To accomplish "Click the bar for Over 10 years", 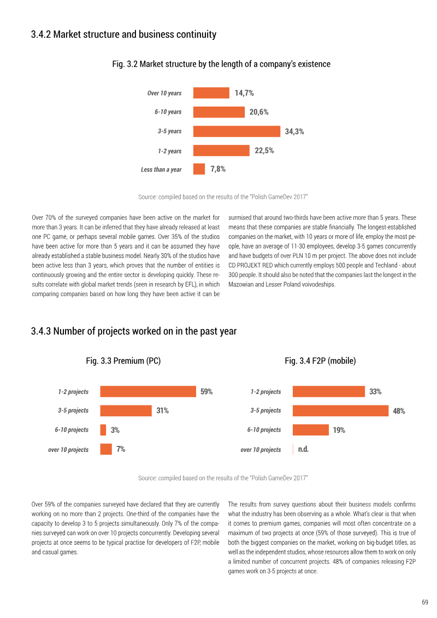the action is tap(211, 93).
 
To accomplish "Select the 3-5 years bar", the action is tap(237, 131).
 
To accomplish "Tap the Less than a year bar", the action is tap(199, 169).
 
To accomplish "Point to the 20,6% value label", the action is tap(259, 113).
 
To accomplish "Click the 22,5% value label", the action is tap(264, 151).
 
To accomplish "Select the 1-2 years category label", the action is tap(170, 151).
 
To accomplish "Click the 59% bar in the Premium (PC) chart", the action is tap(148, 391).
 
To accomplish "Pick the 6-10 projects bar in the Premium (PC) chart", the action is tap(103, 429).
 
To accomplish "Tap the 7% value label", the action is tap(121, 449).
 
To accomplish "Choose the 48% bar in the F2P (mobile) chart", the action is tap(340, 411).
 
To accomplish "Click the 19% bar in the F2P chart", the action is tap(310, 429).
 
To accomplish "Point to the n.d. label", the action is tap(303, 449).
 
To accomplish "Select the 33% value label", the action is tap(375, 391).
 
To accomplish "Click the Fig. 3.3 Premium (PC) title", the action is tap(123, 361).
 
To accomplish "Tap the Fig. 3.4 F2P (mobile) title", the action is tap(320, 361).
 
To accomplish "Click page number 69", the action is tap(425, 602).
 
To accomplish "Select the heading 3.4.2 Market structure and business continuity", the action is tap(124, 34).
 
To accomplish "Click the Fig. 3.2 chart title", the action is tap(221, 64).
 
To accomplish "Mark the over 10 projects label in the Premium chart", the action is tap(68, 450).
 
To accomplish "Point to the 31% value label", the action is tap(162, 411).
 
